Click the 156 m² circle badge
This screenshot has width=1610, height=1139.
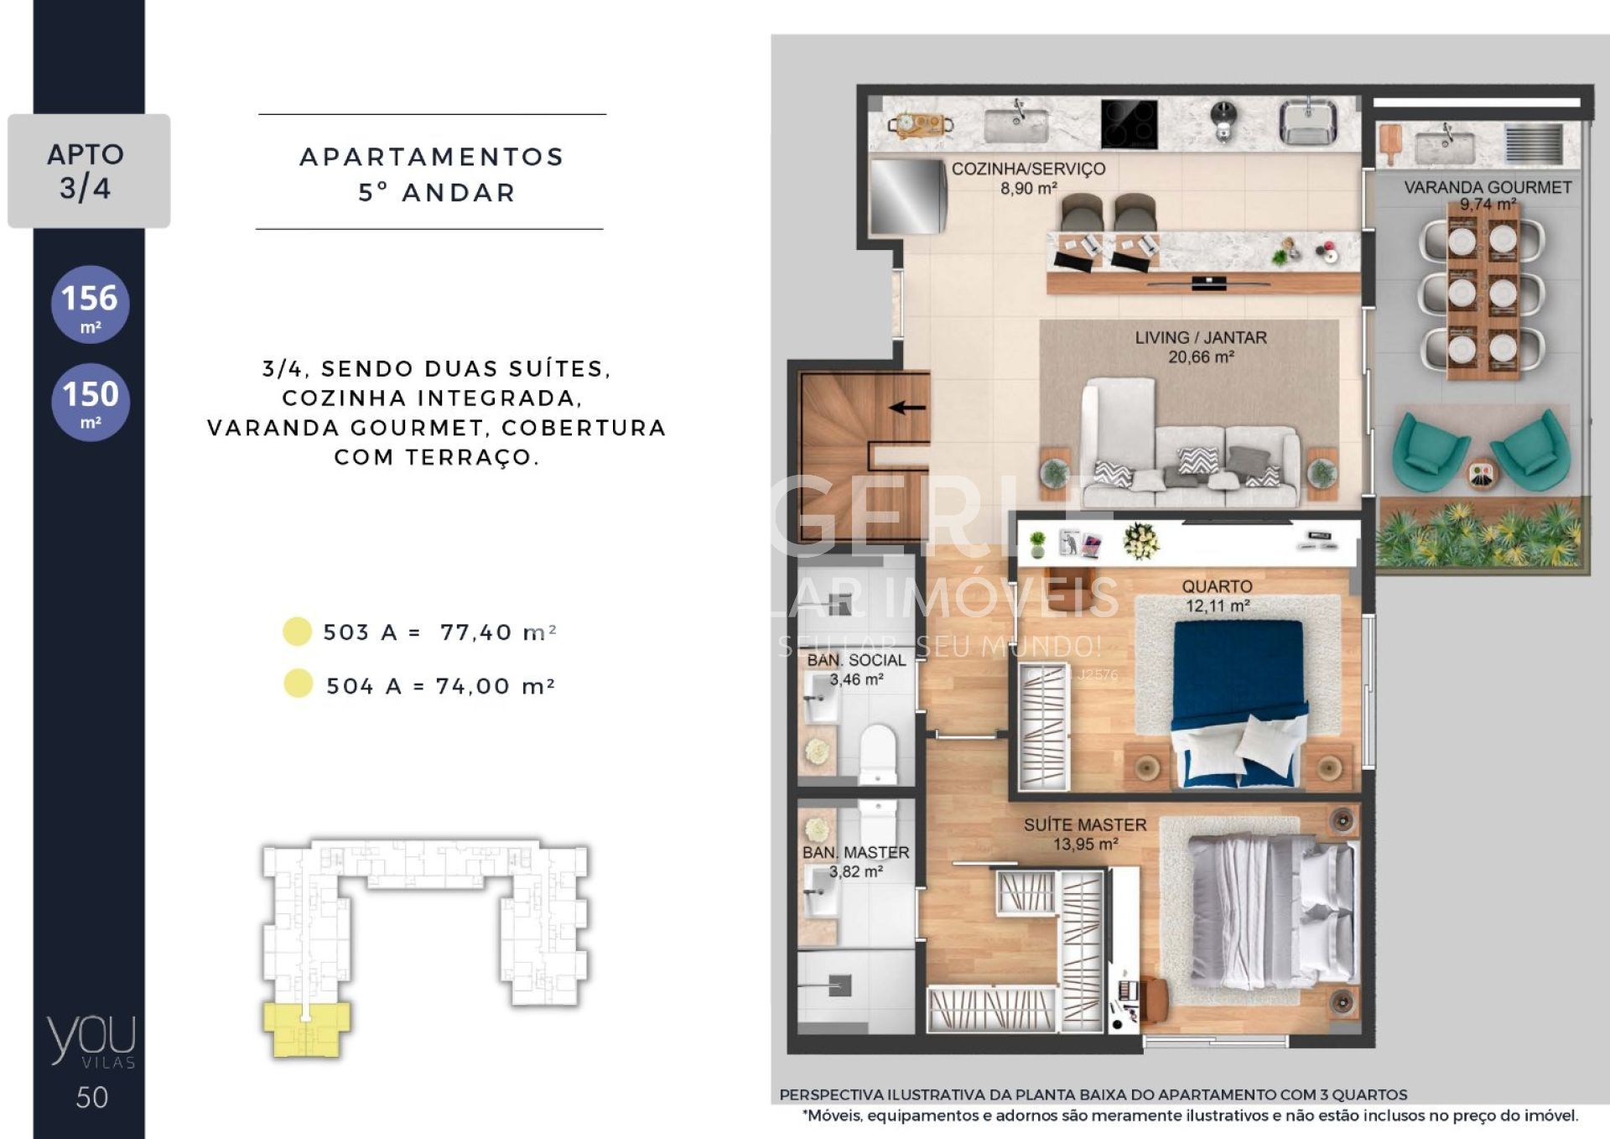[x=91, y=304]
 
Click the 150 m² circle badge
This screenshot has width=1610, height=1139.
[x=91, y=402]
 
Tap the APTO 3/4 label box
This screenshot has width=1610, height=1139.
[x=89, y=171]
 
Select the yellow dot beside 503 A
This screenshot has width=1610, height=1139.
[x=297, y=632]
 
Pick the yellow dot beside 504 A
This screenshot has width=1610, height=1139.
[x=298, y=684]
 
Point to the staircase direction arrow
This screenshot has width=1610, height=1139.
[x=907, y=408]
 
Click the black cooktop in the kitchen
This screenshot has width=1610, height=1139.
[x=1129, y=124]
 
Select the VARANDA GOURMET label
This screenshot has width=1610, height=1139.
[x=1488, y=187]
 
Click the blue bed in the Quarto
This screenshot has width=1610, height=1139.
[x=1239, y=705]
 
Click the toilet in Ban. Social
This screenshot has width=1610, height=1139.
[x=878, y=754]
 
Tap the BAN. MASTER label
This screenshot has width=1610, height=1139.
[x=855, y=852]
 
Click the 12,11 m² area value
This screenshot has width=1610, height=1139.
[x=1218, y=606]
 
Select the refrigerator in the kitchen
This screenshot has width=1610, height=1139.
[x=908, y=196]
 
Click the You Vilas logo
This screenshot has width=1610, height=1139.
[x=91, y=1041]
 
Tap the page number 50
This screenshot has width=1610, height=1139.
[x=92, y=1098]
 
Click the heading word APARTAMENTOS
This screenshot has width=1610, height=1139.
[x=432, y=157]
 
